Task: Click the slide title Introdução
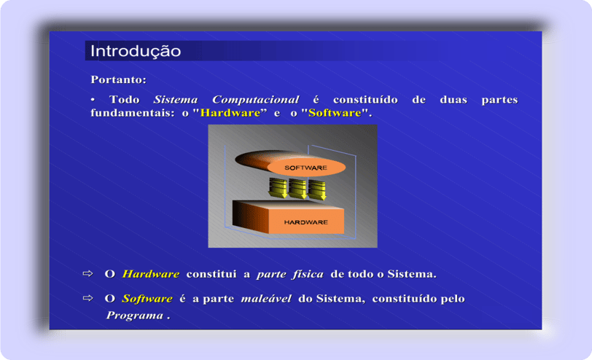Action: pos(136,51)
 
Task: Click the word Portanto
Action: pos(117,79)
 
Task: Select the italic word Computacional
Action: pos(256,100)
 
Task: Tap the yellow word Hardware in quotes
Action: pos(230,113)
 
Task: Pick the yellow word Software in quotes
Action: pos(335,113)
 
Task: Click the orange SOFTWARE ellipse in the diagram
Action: pos(306,168)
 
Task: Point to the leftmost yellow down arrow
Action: pos(278,188)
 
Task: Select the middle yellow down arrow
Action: pos(297,189)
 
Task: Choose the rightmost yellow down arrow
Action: pos(317,189)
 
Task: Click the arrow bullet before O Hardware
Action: pos(87,273)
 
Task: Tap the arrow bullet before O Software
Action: pos(87,298)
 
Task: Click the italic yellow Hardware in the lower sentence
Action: pos(151,274)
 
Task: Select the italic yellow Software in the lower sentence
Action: pos(147,299)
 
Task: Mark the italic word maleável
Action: pos(266,299)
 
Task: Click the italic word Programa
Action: pos(135,316)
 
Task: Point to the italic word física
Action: pos(308,274)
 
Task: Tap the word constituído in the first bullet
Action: pos(365,100)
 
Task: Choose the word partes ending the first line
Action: pos(499,100)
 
